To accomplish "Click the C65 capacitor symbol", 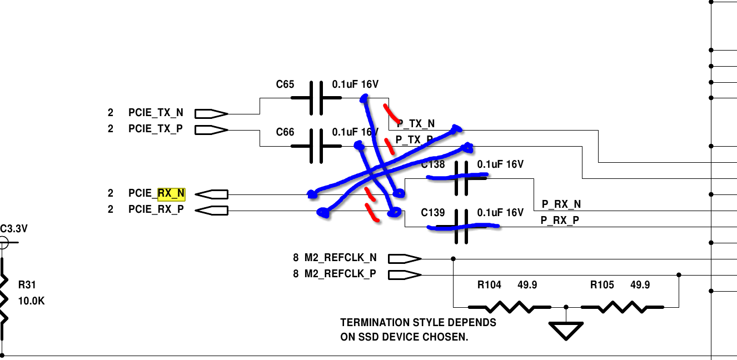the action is coord(316,98).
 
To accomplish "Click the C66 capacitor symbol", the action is coord(316,146).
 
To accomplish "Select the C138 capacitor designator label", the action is coord(432,164).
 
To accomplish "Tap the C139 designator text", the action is coord(432,213).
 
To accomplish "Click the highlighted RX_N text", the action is coord(171,193).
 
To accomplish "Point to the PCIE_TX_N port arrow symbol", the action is coord(211,114).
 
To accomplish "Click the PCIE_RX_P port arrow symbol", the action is coord(212,211).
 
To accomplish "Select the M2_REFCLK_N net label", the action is coord(341,258).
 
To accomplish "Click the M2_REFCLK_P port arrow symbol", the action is coord(405,275).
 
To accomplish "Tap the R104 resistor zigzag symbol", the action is coord(509,307).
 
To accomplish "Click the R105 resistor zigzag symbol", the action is coord(622,307).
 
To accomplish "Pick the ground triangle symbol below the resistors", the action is coord(566,331).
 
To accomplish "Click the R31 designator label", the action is coord(27,284).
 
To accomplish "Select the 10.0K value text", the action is coord(31,301).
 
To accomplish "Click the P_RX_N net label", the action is coord(561,204).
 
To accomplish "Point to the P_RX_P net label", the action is coord(560,220).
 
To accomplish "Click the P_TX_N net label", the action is coord(416,124).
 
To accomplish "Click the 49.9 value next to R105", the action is coord(640,284).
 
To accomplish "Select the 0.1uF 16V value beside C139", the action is coord(500,213).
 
